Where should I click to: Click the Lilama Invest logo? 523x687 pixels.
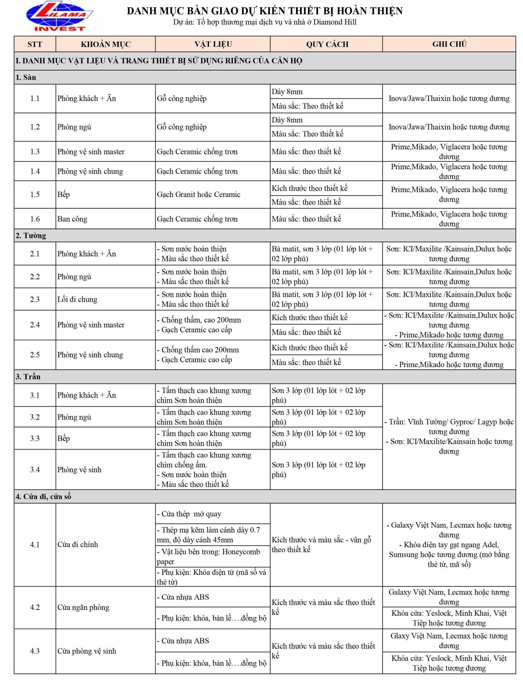pos(60,16)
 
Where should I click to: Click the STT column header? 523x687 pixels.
pos(35,44)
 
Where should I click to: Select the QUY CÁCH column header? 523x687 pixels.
pos(327,44)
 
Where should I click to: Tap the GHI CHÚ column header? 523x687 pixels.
pos(449,44)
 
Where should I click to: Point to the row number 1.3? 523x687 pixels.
pos(35,152)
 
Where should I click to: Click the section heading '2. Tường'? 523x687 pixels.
pos(31,236)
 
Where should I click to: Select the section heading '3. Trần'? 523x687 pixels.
pos(28,377)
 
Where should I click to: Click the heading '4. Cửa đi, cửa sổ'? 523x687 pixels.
pos(43,497)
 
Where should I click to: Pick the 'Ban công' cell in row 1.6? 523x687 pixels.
pos(72,219)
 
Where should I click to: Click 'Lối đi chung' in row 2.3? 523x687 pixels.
pos(77,299)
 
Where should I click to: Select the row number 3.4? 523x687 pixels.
pos(35,470)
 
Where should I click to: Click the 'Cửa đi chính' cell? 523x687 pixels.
pos(78,545)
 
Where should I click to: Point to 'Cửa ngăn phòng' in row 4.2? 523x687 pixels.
pos(83,607)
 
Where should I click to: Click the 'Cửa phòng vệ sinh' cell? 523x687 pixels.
pos(87,651)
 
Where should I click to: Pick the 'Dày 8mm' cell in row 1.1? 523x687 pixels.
pos(287,92)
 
